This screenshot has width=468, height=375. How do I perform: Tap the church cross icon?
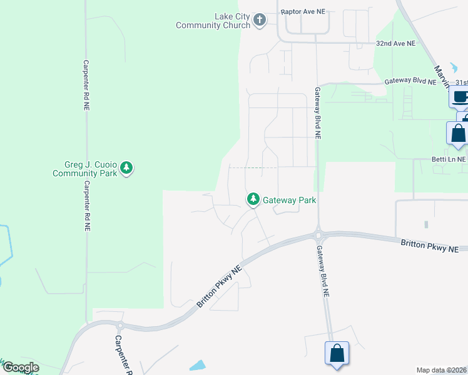(x=260, y=21)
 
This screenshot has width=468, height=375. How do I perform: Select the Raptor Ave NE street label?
(x=304, y=11)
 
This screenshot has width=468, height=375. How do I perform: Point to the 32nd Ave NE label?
(x=395, y=44)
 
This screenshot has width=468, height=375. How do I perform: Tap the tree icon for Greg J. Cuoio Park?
(x=127, y=167)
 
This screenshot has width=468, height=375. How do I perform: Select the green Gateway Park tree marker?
(x=253, y=199)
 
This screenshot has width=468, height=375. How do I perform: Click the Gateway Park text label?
(x=289, y=201)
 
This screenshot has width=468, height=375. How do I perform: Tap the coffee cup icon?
(x=459, y=97)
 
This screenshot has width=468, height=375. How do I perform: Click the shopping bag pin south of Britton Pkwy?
(x=337, y=353)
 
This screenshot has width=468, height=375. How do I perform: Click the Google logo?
(x=20, y=367)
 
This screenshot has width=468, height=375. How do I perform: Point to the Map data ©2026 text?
(x=441, y=370)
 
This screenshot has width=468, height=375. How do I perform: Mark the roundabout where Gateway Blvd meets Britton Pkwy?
(x=318, y=236)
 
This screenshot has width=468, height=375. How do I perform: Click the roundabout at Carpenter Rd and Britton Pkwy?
(x=120, y=326)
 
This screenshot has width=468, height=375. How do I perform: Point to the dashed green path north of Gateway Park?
(x=253, y=167)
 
